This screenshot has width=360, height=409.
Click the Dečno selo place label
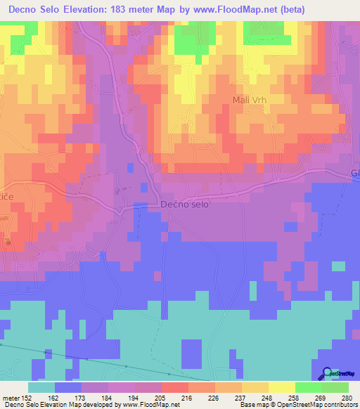pos(185,204)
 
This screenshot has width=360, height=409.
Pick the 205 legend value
pos(162,398)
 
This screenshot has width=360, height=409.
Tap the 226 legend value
pos(215,398)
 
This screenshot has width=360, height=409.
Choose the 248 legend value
pos(269,398)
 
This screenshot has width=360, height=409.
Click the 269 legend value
pos(322,398)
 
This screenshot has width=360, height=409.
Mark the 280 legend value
pos(347,398)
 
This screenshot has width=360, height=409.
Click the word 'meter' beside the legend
pos(10,398)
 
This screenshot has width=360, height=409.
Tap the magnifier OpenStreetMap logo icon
pos(328,374)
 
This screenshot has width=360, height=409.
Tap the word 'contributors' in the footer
pos(339,404)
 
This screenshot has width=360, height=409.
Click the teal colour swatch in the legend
pos(41,387)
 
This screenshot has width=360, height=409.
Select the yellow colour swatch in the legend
pos(282,387)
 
